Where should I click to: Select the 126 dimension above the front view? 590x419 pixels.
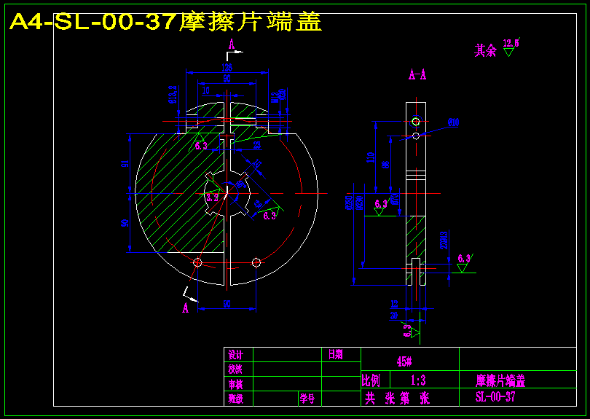227,68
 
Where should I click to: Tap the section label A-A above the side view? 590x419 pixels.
417,74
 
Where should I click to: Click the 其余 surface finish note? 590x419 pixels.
486,50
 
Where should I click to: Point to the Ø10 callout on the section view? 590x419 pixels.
453,123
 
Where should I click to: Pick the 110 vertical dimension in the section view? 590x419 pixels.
371,157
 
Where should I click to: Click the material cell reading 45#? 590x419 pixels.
404,361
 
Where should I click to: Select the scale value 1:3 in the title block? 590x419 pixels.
418,380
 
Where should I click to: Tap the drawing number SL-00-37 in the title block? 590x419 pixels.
495,397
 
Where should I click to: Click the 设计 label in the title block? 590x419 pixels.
235,355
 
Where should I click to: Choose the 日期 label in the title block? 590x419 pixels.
335,355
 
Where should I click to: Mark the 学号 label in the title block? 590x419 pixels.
307,399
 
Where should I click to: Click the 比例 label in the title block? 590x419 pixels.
371,380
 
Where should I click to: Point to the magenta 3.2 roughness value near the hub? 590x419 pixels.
212,197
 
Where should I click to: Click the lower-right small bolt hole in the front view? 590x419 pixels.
256,262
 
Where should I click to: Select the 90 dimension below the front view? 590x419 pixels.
227,303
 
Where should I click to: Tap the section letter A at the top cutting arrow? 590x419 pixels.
232,44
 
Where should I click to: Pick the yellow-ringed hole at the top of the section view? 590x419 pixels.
415,121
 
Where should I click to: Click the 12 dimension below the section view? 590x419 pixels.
394,303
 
